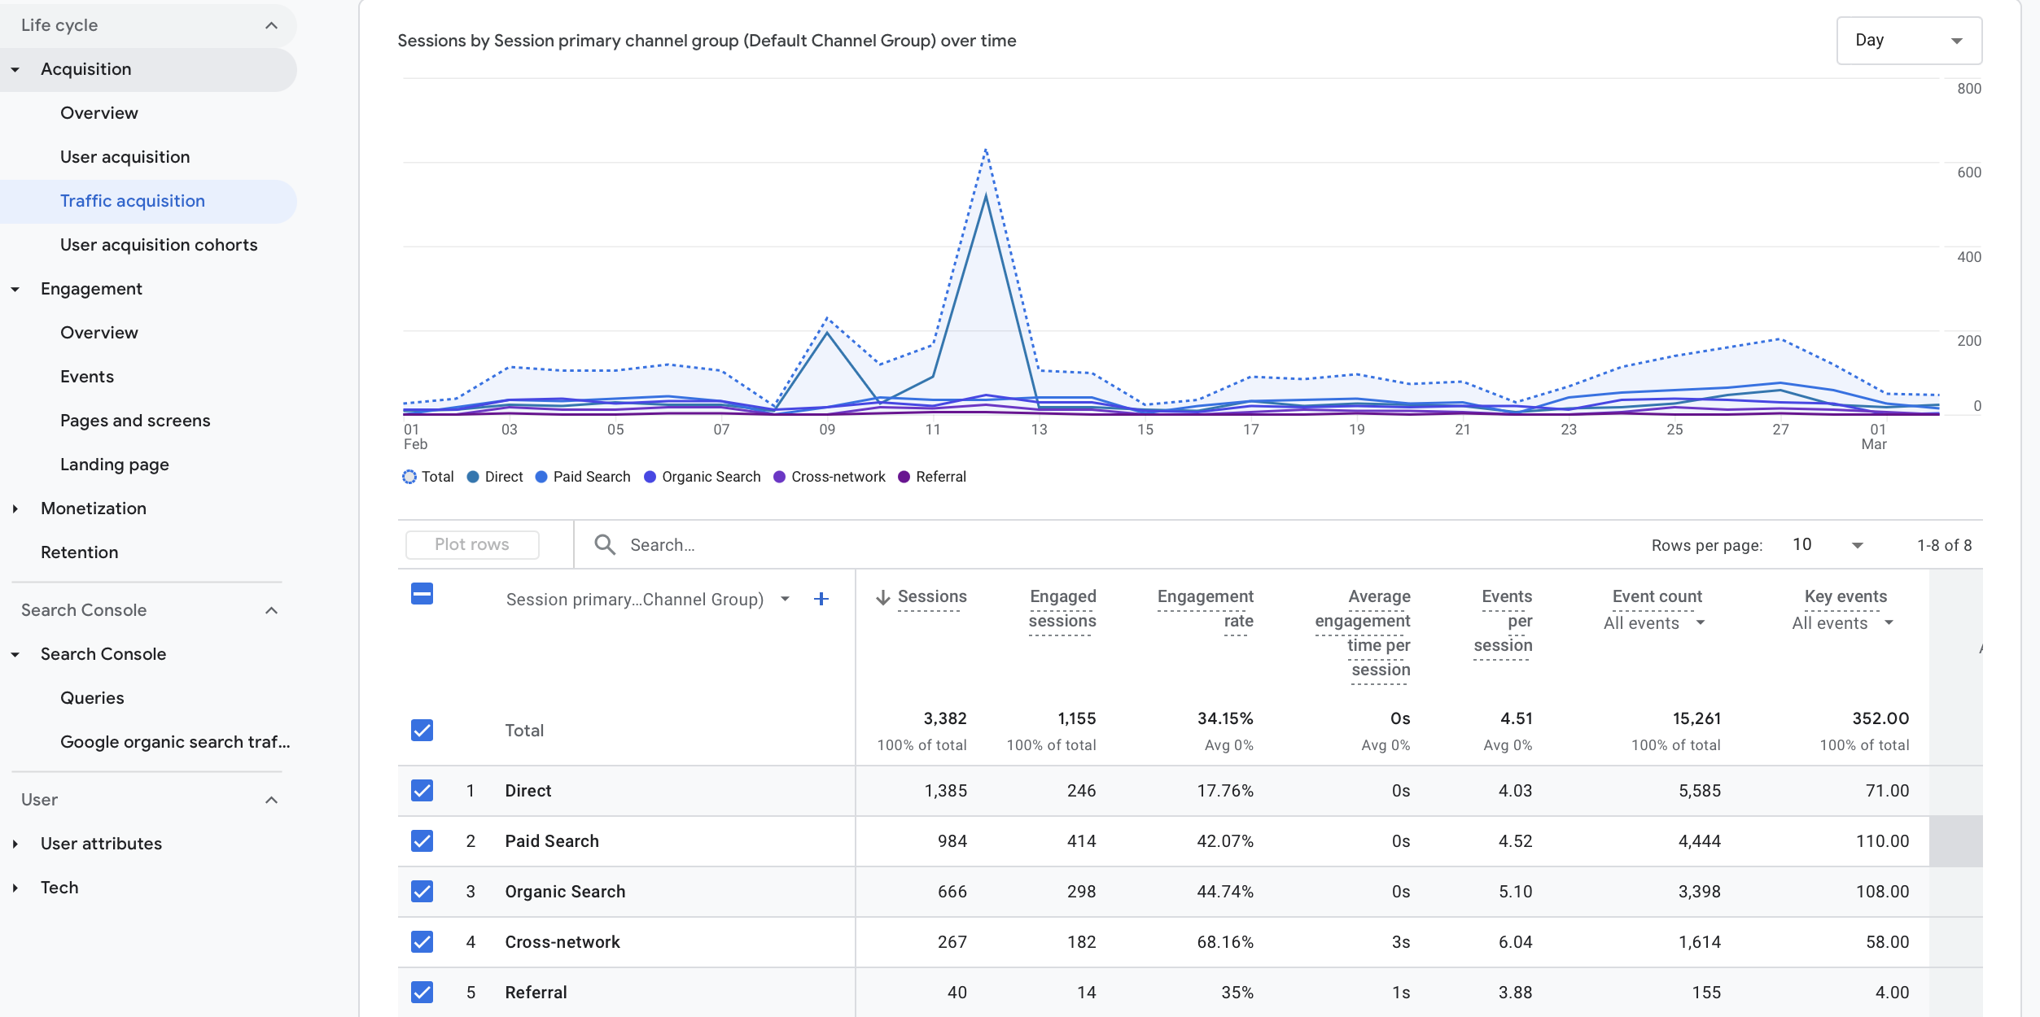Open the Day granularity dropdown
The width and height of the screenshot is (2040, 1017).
(x=1908, y=41)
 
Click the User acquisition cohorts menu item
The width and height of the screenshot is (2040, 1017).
(x=159, y=245)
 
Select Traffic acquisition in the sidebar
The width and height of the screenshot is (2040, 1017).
(x=133, y=201)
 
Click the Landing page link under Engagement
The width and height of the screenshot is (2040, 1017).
(x=115, y=465)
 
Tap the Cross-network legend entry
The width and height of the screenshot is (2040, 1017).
(x=837, y=477)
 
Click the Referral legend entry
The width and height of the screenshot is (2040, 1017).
(x=939, y=477)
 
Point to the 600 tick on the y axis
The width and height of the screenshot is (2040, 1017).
(x=1968, y=172)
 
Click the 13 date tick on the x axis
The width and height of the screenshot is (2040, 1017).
(x=1039, y=430)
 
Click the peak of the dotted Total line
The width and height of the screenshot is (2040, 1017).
(x=986, y=151)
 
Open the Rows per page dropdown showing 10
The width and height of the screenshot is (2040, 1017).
(x=1828, y=545)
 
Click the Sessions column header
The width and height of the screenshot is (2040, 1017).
(x=931, y=596)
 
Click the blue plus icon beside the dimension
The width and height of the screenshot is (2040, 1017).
(x=821, y=600)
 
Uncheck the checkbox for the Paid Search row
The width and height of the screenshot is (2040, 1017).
(x=422, y=841)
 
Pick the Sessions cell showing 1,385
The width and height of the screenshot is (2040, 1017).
(x=945, y=791)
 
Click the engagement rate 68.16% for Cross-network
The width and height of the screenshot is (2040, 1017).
(x=1224, y=942)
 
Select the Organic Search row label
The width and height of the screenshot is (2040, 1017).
(x=565, y=892)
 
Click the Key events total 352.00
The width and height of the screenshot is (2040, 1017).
(x=1880, y=718)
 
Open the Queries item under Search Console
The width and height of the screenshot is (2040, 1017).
(x=92, y=698)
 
